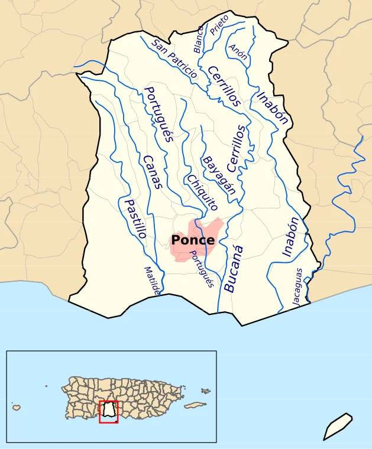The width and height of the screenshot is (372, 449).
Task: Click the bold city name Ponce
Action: click(192, 240)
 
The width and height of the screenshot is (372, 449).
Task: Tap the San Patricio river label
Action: click(174, 58)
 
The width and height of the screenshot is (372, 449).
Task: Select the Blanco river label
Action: click(199, 40)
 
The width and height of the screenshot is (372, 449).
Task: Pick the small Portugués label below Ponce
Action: click(201, 269)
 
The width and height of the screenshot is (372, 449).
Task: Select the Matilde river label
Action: click(152, 280)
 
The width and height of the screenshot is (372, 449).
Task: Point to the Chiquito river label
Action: click(202, 193)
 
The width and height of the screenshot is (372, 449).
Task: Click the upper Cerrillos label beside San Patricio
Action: click(224, 86)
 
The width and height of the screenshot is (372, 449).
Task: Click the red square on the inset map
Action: click(108, 412)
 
